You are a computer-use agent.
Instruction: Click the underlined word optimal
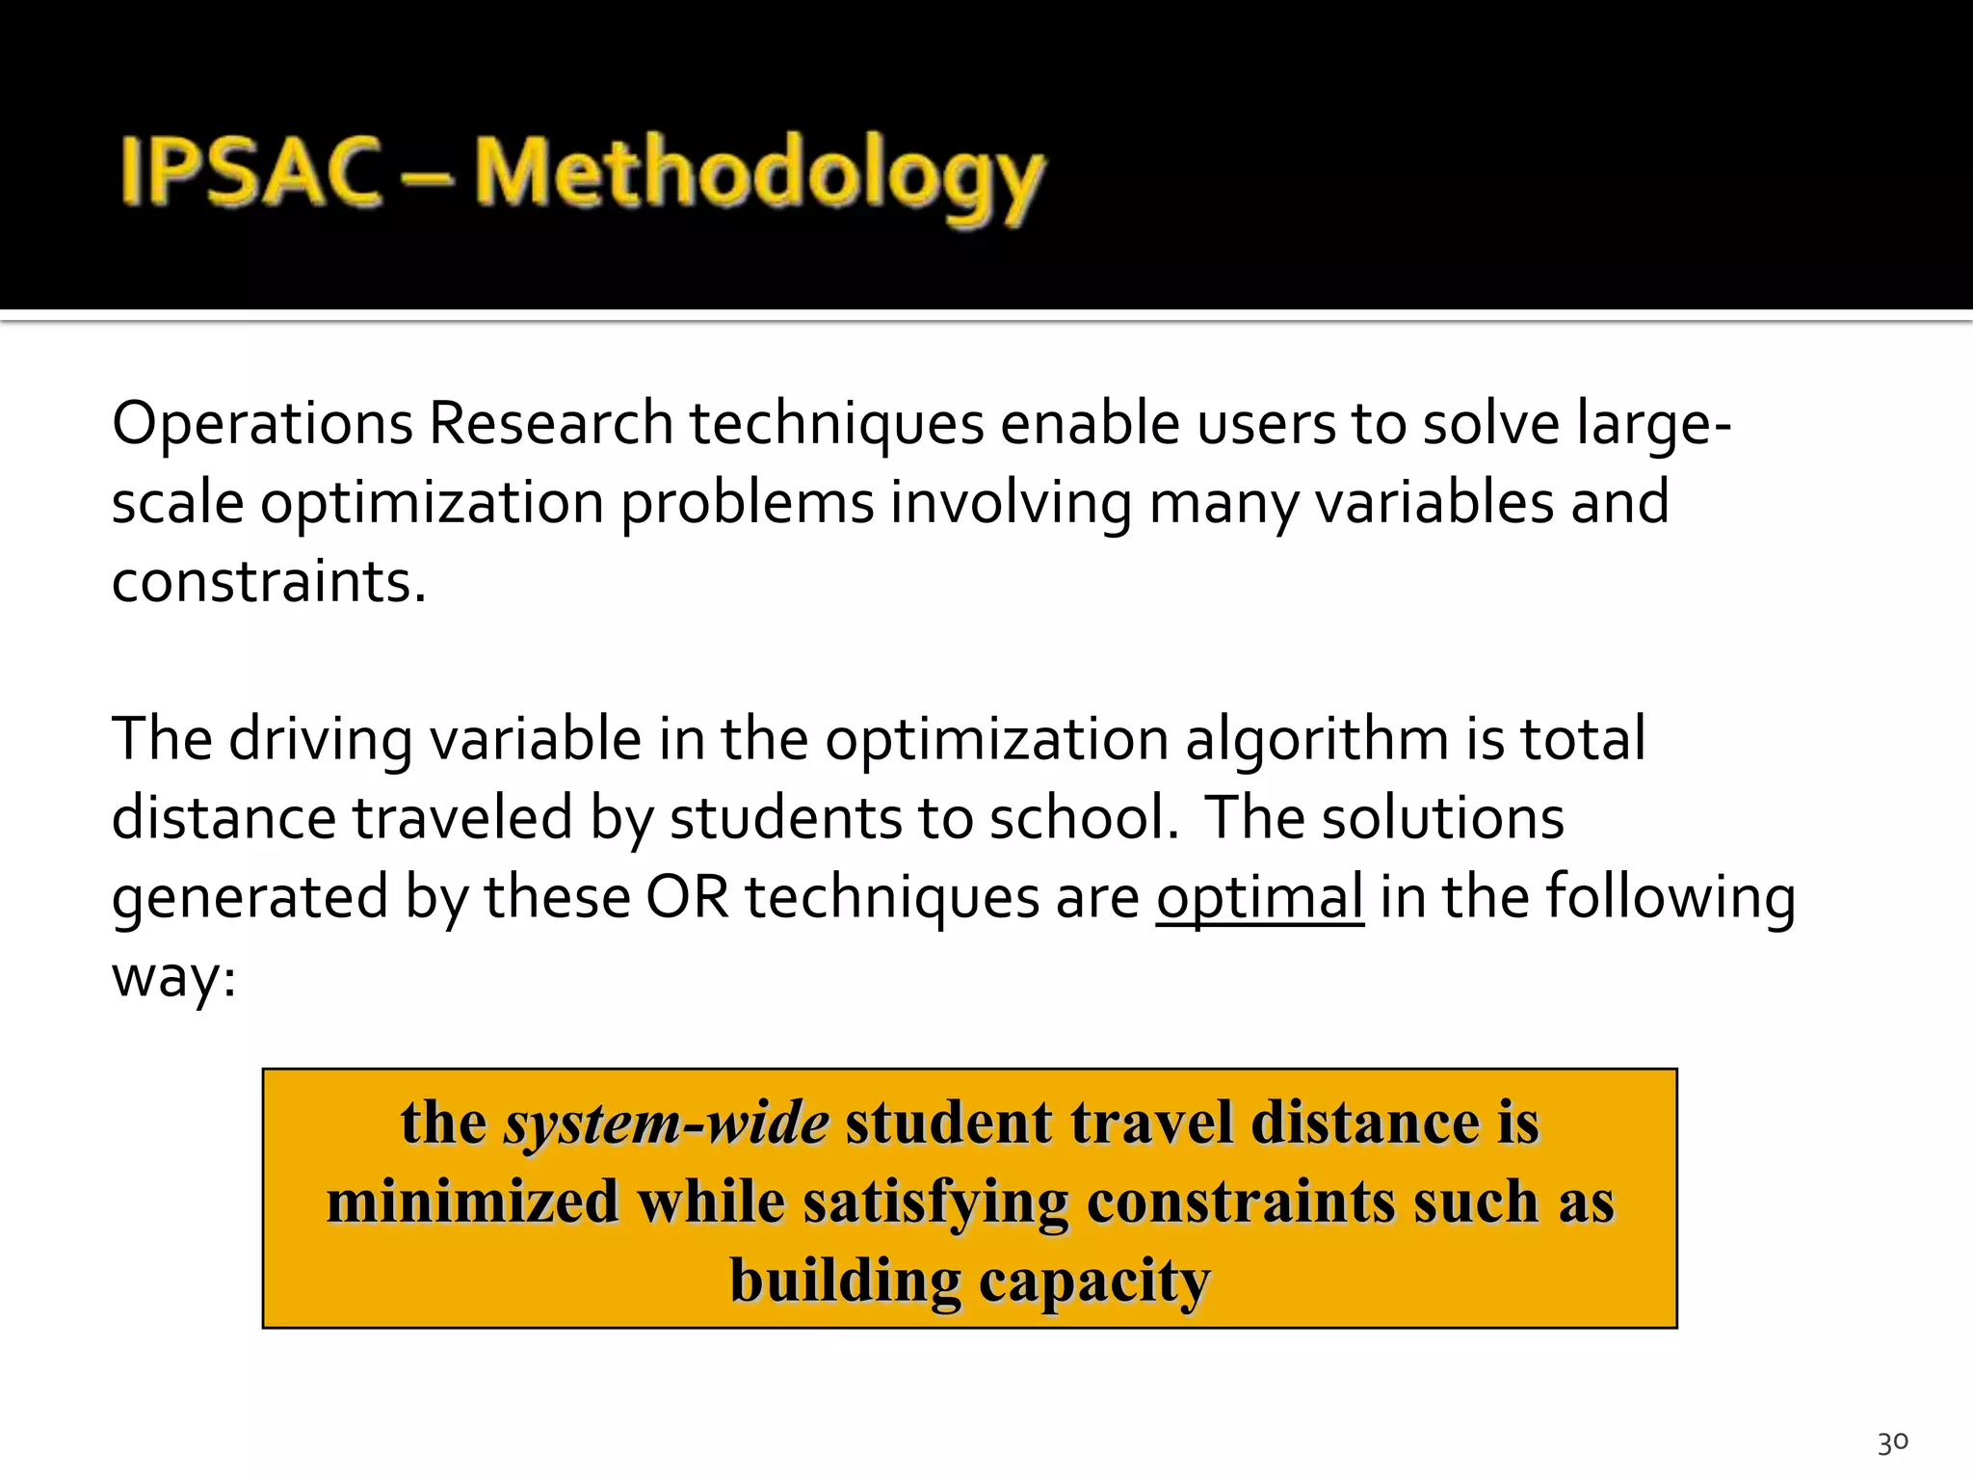[x=1259, y=897]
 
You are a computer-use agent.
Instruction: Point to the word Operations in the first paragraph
[x=262, y=424]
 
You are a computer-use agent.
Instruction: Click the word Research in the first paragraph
[x=550, y=424]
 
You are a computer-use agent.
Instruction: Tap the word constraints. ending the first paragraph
[x=268, y=582]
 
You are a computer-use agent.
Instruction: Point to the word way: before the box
[x=173, y=978]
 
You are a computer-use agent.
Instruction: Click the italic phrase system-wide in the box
[x=666, y=1123]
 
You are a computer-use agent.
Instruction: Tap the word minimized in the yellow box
[x=472, y=1202]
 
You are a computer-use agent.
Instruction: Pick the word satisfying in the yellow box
[x=935, y=1202]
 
